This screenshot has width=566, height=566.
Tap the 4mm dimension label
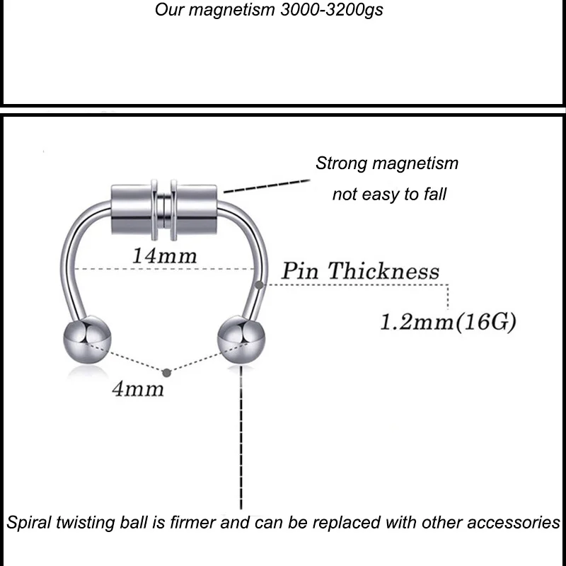137,388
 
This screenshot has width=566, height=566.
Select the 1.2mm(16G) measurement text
447,323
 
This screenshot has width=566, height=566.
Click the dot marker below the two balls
166,371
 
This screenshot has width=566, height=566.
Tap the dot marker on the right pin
262,284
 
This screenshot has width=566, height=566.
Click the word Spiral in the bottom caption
30,523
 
